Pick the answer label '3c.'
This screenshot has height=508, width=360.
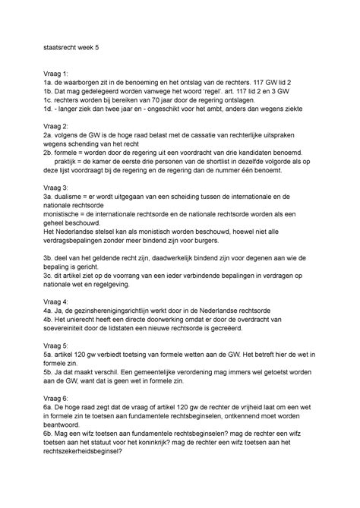coord(50,276)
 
